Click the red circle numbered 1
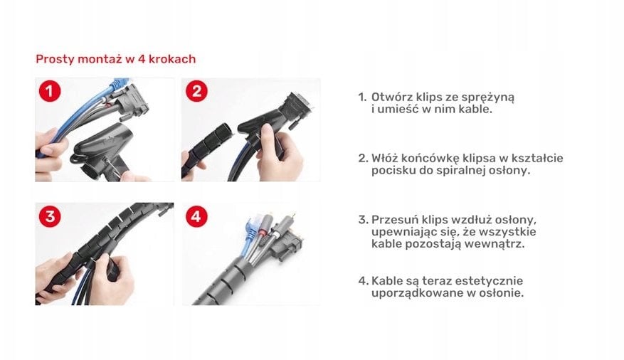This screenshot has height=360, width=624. point(50,91)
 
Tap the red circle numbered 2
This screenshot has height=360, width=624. point(196,91)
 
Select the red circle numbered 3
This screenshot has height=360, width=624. point(50,216)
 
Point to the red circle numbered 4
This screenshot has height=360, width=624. point(196,216)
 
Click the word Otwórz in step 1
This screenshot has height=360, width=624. point(391,97)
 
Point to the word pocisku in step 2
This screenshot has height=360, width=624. point(393,171)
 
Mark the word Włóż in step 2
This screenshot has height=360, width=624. point(384,159)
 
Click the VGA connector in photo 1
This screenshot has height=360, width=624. point(132,102)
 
